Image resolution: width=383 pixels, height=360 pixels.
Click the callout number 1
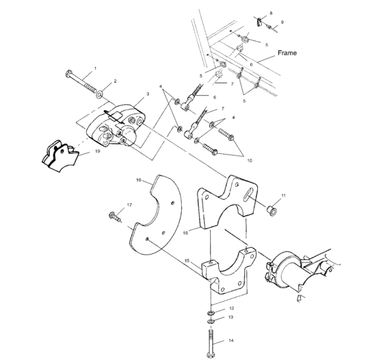pyautogui.click(x=94, y=68)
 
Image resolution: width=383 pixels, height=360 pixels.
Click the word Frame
pyautogui.click(x=287, y=53)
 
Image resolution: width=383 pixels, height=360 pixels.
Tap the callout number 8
pyautogui.click(x=270, y=13)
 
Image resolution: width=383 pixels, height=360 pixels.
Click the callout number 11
pyautogui.click(x=283, y=197)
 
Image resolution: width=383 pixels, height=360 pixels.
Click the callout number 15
pyautogui.click(x=186, y=260)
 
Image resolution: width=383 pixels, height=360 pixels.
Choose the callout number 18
pyautogui.click(x=138, y=181)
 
